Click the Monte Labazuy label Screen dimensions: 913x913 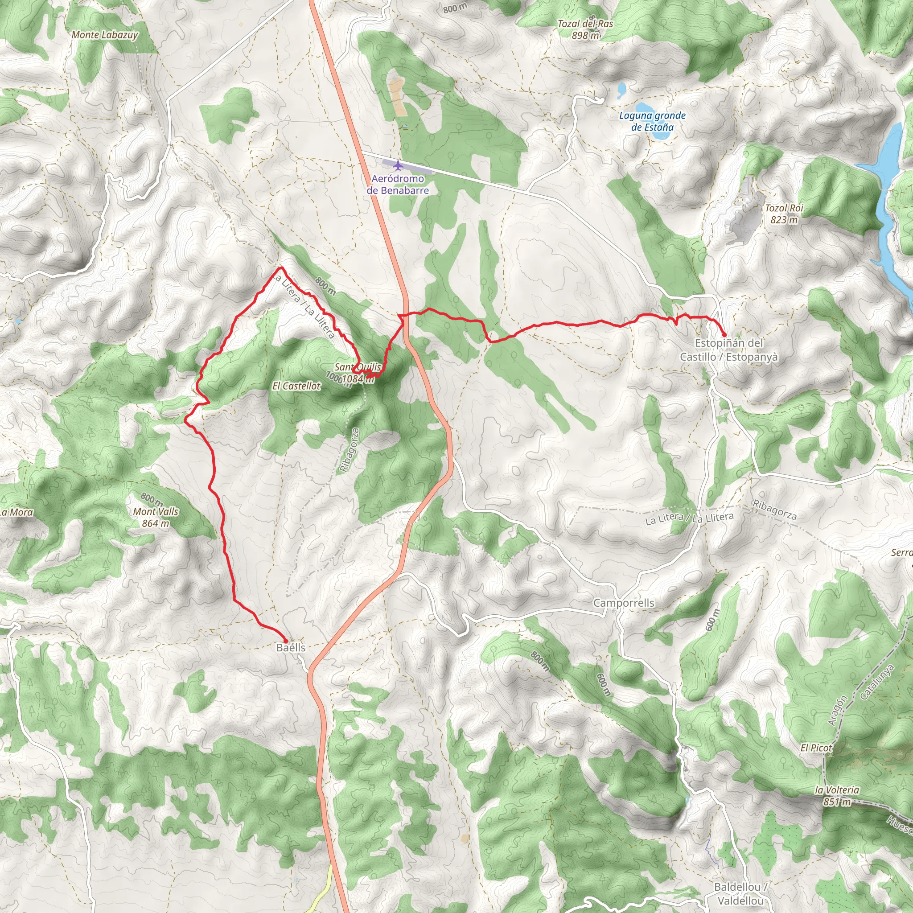pyautogui.click(x=105, y=35)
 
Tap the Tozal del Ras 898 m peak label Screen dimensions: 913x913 pyautogui.click(x=585, y=29)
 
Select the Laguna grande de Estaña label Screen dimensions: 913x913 pyautogui.click(x=652, y=121)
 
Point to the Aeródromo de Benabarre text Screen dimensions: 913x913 pyautogui.click(x=397, y=185)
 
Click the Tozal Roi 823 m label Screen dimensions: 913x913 pyautogui.click(x=784, y=214)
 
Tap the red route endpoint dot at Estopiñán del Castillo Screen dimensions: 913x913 pyautogui.click(x=724, y=335)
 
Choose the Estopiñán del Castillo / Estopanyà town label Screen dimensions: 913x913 pyautogui.click(x=729, y=350)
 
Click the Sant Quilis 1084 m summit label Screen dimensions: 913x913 pyautogui.click(x=358, y=373)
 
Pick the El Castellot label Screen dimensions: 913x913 pyautogui.click(x=296, y=386)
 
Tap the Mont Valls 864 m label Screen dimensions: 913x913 pyautogui.click(x=156, y=517)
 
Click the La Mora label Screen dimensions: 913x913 pyautogui.click(x=16, y=512)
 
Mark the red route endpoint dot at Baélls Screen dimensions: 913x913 pyautogui.click(x=285, y=641)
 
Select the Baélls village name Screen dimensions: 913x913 pyautogui.click(x=291, y=648)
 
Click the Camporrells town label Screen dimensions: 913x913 pyautogui.click(x=623, y=603)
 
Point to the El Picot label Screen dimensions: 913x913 pyautogui.click(x=816, y=748)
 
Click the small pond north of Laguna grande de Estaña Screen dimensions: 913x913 pyautogui.click(x=621, y=88)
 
